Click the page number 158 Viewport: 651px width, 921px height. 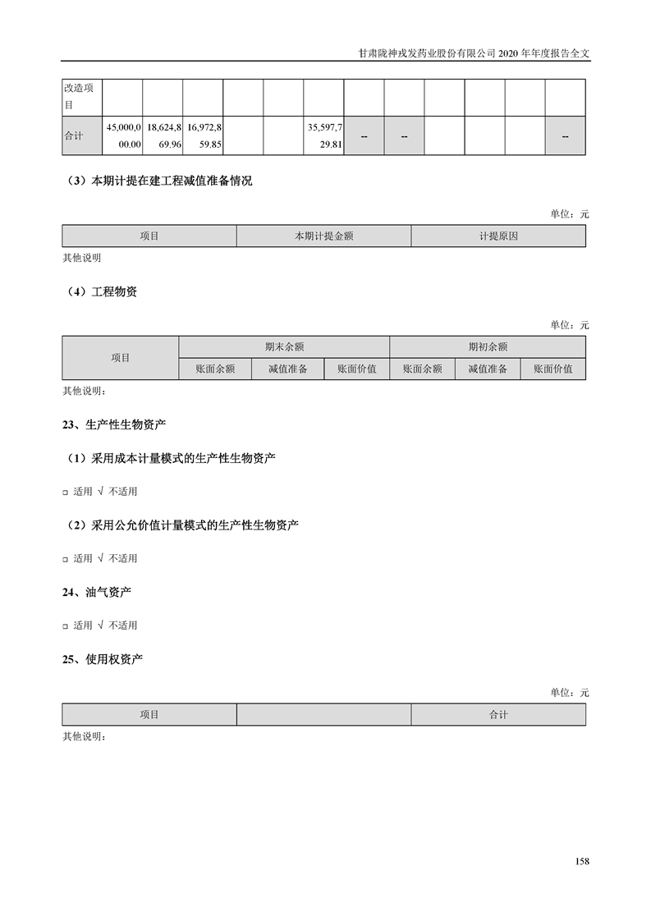click(x=582, y=861)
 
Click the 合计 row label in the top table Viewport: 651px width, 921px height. click(x=74, y=135)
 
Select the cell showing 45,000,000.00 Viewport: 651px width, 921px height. click(x=123, y=135)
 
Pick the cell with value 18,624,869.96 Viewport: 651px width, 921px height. click(x=163, y=135)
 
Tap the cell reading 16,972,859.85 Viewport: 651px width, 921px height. click(x=204, y=135)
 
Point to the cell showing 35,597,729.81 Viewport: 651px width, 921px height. click(x=324, y=135)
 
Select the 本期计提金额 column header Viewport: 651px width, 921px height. click(x=323, y=236)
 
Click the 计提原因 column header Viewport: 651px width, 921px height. click(x=498, y=236)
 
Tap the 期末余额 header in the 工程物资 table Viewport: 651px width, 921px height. click(x=284, y=347)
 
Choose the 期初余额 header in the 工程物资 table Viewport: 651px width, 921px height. click(x=488, y=347)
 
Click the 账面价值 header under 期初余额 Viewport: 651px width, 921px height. click(x=553, y=369)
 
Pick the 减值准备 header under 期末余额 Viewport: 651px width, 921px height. click(x=287, y=369)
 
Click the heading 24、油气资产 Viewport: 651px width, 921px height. click(x=97, y=592)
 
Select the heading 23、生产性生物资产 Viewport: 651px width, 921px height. click(x=114, y=424)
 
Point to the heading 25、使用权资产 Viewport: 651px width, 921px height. click(x=103, y=658)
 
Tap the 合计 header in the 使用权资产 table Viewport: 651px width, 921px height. click(x=498, y=715)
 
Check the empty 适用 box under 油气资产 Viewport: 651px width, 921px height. click(x=66, y=626)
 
